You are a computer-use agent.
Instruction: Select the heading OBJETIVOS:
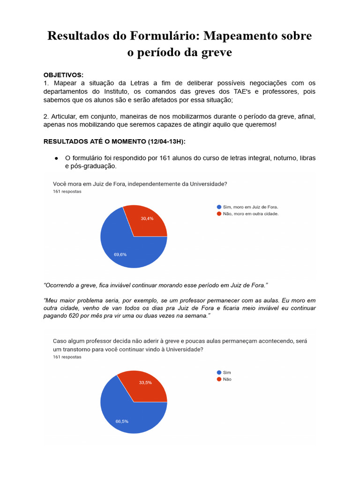63,75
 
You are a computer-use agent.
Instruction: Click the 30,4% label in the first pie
147,218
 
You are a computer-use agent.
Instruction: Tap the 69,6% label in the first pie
120,255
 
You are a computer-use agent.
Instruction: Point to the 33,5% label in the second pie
145,382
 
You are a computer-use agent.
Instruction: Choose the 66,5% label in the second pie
122,421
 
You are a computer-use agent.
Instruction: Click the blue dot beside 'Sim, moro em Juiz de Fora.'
218,207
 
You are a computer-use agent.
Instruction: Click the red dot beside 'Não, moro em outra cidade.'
218,214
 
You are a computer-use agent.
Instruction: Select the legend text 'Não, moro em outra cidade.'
251,214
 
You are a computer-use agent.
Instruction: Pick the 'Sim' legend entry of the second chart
227,372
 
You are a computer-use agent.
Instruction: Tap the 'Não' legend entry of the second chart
227,379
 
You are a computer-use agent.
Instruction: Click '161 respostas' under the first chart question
67,192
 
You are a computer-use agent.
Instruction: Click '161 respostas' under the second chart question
67,357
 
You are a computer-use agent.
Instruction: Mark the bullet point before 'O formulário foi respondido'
56,158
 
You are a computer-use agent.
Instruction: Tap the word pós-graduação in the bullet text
91,166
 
